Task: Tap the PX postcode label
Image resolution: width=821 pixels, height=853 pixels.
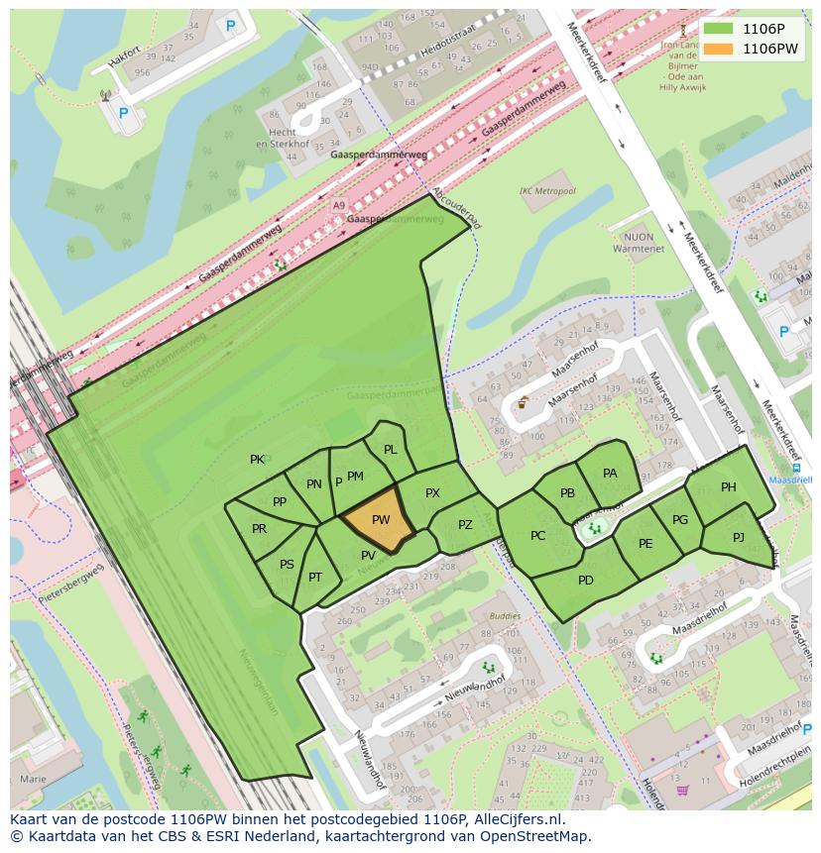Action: [x=432, y=492]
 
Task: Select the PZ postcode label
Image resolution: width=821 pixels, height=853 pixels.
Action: [x=465, y=525]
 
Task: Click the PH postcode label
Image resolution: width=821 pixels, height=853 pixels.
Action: [x=729, y=486]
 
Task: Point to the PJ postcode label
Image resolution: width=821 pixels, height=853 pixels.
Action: [x=738, y=537]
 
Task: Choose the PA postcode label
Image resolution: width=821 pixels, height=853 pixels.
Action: [x=610, y=473]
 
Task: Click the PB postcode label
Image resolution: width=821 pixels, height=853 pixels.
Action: [x=567, y=493]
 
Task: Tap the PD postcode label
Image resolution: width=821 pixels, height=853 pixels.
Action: [x=585, y=580]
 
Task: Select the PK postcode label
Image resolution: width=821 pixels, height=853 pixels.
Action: [x=257, y=459]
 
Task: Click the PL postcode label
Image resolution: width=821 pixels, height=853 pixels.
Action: [x=390, y=449]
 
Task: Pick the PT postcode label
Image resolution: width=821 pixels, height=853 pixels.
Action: [x=315, y=578]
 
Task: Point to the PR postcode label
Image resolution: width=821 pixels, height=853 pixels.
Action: [x=259, y=528]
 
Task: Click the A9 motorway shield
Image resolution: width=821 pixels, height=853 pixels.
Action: [x=339, y=206]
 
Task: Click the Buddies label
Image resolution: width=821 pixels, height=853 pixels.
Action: [x=505, y=615]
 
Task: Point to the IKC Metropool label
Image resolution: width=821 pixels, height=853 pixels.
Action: [x=546, y=190]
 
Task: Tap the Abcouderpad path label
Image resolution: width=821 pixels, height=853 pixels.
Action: [x=457, y=209]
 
